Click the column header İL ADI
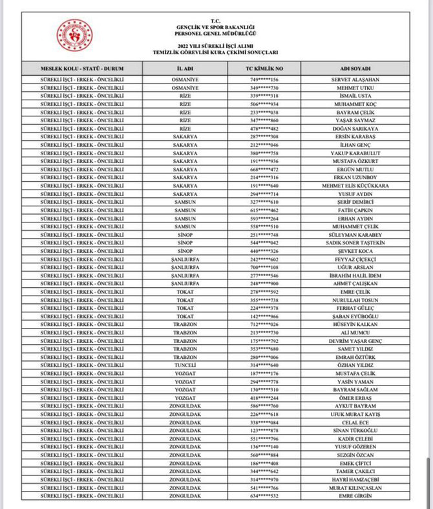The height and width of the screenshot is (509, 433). click(185, 68)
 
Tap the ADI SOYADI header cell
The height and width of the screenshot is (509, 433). click(355, 68)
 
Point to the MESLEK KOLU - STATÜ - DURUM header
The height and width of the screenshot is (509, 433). click(82, 68)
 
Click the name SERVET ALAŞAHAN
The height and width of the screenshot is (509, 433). click(355, 80)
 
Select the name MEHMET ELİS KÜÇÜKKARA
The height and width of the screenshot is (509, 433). click(355, 186)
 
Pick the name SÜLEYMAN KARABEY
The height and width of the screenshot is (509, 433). click(355, 235)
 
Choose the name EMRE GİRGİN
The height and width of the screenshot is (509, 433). click(355, 496)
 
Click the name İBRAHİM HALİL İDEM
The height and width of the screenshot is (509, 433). click(355, 276)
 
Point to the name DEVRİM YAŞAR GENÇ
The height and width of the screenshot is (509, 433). click(355, 341)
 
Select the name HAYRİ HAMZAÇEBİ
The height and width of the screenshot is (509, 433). click(355, 480)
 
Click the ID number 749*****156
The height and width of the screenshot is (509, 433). click(264, 80)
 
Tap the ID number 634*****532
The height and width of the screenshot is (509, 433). click(264, 496)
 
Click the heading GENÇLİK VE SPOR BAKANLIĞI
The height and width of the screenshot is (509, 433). click(216, 26)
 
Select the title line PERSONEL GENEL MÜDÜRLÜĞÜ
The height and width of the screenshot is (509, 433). click(216, 32)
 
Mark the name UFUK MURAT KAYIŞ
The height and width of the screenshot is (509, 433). click(355, 415)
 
